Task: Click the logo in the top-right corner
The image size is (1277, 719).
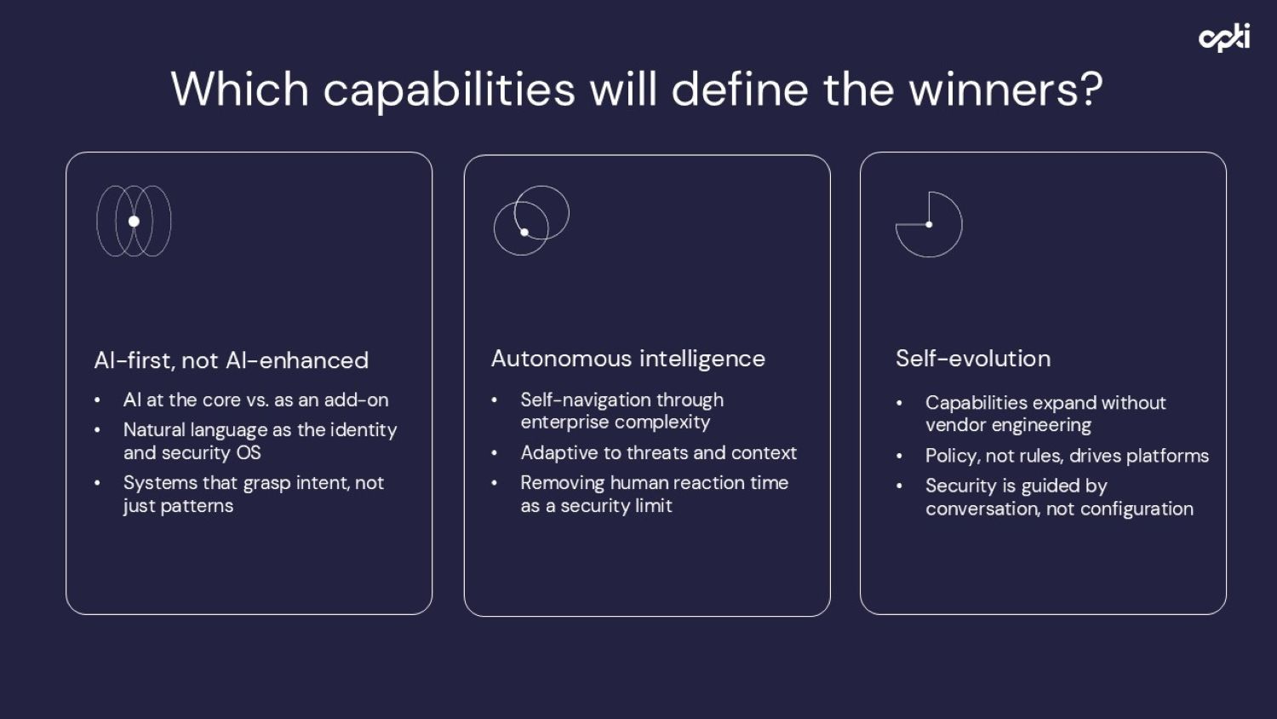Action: pos(1224,37)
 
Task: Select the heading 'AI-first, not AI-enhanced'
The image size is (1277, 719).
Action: pos(231,360)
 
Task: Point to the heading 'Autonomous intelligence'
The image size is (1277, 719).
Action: pos(627,359)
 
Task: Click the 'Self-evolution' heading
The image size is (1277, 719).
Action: pos(972,359)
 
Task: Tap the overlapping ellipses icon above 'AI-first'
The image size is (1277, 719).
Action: pos(134,221)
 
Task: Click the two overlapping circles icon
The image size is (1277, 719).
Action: pos(531,221)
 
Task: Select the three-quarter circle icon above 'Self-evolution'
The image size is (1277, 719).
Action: pos(929,224)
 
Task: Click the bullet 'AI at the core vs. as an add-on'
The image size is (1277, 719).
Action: pos(255,400)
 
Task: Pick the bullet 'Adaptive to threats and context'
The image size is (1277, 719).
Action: pos(658,452)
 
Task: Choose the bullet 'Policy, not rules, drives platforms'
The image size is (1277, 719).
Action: pos(1066,456)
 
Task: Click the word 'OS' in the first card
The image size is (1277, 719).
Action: pos(248,452)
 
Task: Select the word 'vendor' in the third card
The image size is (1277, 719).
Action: pos(955,425)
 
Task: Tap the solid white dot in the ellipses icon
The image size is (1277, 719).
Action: pos(134,221)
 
